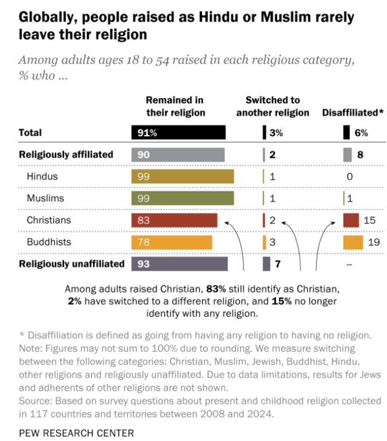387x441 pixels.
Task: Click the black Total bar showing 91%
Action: point(178,132)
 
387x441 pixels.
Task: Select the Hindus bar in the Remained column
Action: point(182,176)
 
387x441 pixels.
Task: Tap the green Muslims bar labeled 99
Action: point(182,198)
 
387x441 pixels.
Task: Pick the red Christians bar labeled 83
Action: point(174,220)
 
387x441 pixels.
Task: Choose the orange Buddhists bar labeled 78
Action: point(172,242)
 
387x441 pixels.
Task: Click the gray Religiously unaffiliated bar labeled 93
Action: point(179,264)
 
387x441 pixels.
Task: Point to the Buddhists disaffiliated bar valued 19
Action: point(353,242)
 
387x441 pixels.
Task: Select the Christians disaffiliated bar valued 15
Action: point(351,220)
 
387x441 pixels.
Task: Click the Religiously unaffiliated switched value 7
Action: point(278,264)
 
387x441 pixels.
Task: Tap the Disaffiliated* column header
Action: point(353,113)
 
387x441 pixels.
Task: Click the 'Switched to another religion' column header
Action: point(273,106)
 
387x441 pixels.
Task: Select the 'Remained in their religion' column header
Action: point(175,106)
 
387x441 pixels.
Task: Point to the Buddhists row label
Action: point(47,242)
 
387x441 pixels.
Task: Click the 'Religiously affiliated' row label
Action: point(66,155)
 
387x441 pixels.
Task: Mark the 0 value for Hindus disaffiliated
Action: point(349,176)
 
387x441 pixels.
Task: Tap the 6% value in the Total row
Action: point(361,132)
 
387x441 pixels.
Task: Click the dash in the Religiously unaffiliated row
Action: point(349,264)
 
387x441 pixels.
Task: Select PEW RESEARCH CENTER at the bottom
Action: point(76,432)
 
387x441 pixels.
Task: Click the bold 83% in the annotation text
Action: point(214,289)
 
